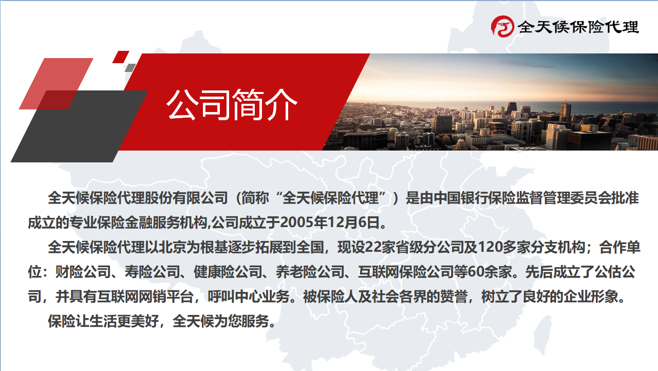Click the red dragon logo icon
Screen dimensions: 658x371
click(502, 26)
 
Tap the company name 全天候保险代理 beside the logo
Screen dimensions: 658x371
click(578, 27)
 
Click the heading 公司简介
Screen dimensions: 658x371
click(232, 105)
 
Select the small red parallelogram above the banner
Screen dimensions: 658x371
click(121, 57)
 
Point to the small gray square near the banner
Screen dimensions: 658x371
click(130, 68)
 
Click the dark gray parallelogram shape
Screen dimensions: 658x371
click(79, 126)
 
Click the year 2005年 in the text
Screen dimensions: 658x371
click(304, 222)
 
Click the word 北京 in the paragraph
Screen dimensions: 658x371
click(173, 247)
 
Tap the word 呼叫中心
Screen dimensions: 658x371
click(235, 296)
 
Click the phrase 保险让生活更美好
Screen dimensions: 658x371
click(103, 321)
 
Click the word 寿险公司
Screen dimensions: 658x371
click(152, 272)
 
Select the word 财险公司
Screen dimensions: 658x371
click(83, 272)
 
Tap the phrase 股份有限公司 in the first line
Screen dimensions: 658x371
click(186, 198)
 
